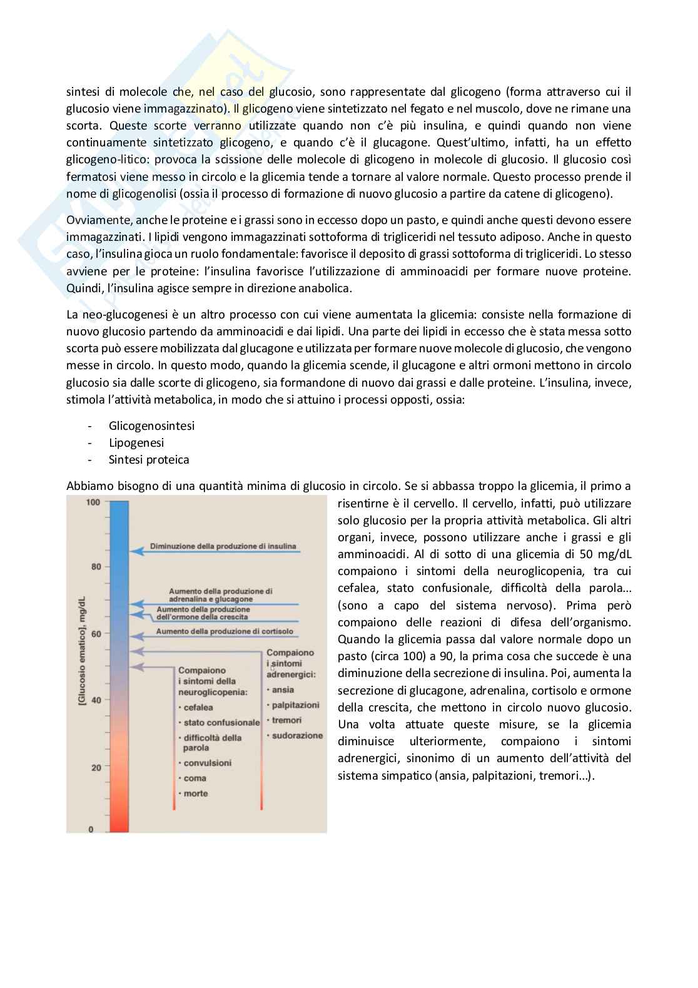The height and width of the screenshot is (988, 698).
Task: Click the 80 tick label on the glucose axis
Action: (96, 567)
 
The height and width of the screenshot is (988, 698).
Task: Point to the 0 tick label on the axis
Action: (91, 830)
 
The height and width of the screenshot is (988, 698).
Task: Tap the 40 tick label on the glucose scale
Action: (96, 700)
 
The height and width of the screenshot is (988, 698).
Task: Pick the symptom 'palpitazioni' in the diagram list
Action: (295, 705)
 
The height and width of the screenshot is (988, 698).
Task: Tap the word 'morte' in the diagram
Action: (195, 793)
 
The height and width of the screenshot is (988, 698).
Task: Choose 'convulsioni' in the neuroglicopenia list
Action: (207, 763)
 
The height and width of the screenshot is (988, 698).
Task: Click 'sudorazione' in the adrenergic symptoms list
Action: (297, 735)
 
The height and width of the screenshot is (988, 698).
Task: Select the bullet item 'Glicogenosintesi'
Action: (151, 425)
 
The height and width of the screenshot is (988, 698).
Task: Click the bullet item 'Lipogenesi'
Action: (136, 442)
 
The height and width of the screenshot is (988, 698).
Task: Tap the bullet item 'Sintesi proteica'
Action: (149, 459)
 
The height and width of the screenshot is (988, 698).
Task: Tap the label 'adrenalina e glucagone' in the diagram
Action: (210, 599)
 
